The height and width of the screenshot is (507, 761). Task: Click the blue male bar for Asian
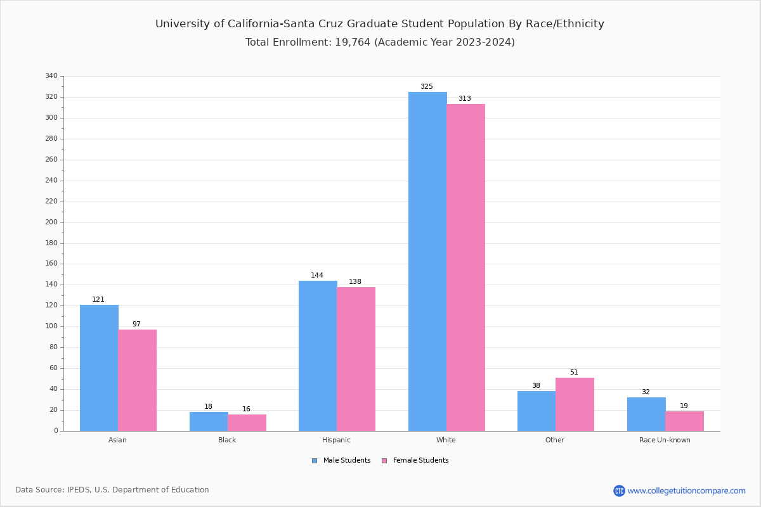[x=99, y=368]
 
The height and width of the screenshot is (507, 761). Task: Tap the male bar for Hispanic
[x=318, y=356]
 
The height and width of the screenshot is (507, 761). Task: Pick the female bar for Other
[x=575, y=404]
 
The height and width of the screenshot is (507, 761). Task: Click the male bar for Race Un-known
[x=646, y=414]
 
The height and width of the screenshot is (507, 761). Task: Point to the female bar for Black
[x=247, y=423]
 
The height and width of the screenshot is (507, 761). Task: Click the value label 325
[x=427, y=87]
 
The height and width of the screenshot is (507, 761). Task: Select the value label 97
[x=136, y=324]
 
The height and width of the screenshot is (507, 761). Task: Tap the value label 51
[x=574, y=373]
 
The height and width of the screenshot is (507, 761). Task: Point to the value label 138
[x=355, y=282]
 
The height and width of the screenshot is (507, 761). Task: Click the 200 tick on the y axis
[x=51, y=222]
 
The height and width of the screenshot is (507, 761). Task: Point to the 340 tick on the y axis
[x=51, y=76]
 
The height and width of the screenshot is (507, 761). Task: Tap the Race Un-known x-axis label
[x=665, y=440]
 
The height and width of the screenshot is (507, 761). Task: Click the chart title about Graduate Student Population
[x=380, y=24]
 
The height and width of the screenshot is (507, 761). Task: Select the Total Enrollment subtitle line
[x=380, y=42]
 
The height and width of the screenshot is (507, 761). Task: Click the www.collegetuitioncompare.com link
[x=686, y=491]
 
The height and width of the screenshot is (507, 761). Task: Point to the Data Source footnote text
[x=112, y=490]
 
